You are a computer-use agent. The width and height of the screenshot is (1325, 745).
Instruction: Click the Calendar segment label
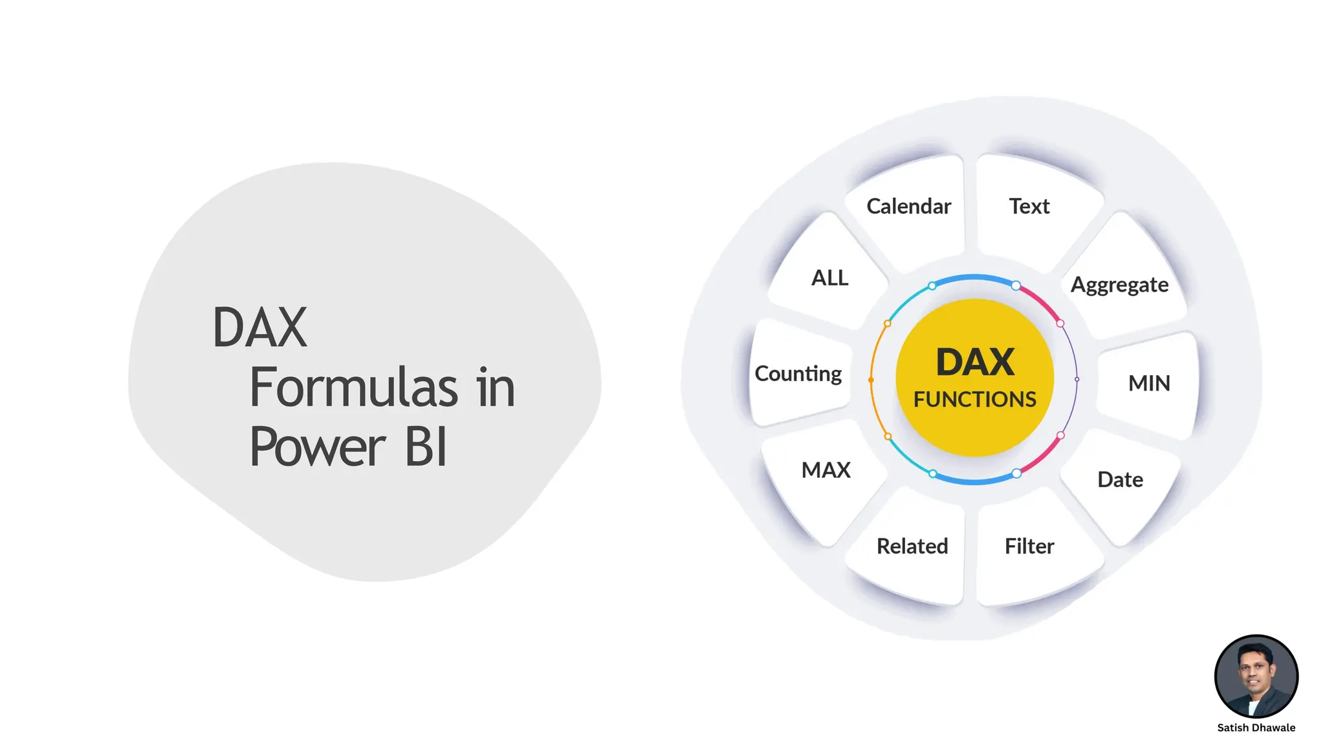(x=908, y=206)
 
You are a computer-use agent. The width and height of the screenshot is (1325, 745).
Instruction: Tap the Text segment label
(x=1029, y=206)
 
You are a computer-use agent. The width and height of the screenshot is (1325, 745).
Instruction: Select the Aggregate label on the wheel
(x=1119, y=285)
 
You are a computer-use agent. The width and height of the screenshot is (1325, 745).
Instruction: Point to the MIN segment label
(x=1149, y=383)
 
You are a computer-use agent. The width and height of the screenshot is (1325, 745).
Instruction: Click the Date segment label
(x=1120, y=480)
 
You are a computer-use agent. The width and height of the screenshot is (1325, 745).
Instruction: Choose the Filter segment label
(x=1029, y=546)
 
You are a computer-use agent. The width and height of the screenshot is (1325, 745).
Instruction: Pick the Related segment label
(x=912, y=546)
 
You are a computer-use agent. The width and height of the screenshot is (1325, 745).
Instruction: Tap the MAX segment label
(x=826, y=470)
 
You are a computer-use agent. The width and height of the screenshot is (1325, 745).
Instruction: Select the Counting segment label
(x=798, y=374)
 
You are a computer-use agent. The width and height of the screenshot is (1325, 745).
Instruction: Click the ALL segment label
(x=829, y=278)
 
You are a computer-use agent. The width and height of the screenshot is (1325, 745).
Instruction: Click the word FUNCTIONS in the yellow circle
(x=974, y=400)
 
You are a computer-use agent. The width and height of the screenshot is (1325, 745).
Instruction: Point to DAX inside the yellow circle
(x=974, y=362)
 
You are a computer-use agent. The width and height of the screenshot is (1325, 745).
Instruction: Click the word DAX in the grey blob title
(x=259, y=327)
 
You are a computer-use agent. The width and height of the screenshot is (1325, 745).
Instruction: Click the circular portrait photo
(x=1256, y=676)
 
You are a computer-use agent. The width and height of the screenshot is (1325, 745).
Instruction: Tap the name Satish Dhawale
(x=1256, y=728)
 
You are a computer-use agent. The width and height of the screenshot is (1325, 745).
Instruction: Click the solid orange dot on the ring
(x=871, y=380)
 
